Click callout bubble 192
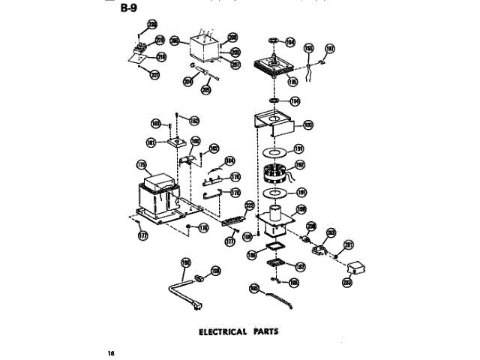pos(300,165)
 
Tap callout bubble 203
pos(346,282)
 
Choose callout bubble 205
pos(205,89)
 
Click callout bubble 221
pos(155,74)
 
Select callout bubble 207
pos(235,64)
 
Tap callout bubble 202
pos(330,232)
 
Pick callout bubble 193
pos(307,125)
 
